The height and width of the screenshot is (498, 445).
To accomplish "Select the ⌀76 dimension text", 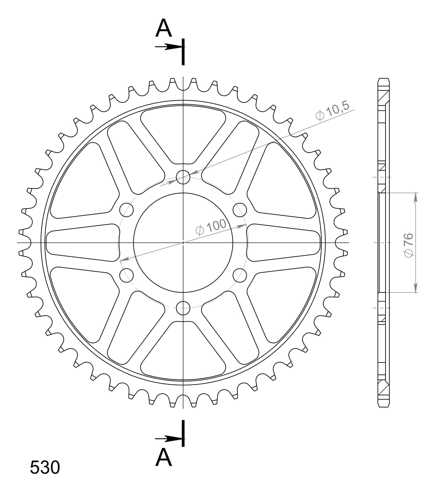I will [x=408, y=245].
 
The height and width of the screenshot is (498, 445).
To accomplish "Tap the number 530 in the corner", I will [x=45, y=467].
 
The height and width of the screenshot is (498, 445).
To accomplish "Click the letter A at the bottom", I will [x=164, y=457].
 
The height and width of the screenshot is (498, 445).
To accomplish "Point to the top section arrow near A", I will [x=169, y=47].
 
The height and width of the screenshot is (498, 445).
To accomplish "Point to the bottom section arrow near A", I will [x=169, y=439].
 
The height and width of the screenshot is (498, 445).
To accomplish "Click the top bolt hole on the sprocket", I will [x=183, y=177].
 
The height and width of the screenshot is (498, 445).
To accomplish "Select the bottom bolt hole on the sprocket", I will [x=183, y=308].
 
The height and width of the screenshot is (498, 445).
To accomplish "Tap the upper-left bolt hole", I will [x=126, y=210].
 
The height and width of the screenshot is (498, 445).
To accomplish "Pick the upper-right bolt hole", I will [x=240, y=210].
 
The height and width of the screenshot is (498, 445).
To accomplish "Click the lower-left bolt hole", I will [x=126, y=275].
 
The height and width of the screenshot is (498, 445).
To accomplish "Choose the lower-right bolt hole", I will [x=240, y=275].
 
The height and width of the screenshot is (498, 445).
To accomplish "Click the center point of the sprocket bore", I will [x=183, y=243].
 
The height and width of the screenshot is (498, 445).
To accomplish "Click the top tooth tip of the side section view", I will [x=383, y=79].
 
